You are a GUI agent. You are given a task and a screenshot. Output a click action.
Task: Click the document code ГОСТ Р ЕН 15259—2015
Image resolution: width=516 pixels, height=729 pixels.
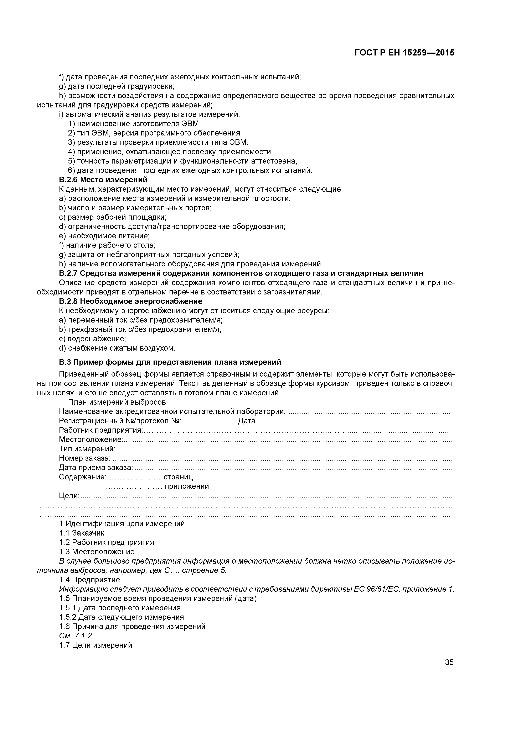[404, 53]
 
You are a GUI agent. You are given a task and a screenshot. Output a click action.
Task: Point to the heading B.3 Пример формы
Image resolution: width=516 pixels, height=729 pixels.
[170, 362]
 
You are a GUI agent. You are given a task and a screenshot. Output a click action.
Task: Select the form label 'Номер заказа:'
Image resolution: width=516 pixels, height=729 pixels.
[84, 458]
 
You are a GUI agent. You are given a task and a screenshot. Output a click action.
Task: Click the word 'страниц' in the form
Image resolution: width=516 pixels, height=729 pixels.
[178, 477]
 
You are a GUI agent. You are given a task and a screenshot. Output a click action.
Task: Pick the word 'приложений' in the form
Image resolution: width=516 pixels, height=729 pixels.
[187, 486]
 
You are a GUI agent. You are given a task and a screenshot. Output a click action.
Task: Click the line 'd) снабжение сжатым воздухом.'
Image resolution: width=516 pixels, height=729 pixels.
[117, 348]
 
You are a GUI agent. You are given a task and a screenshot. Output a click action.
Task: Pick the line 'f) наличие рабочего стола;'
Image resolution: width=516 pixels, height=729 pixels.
[107, 245]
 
